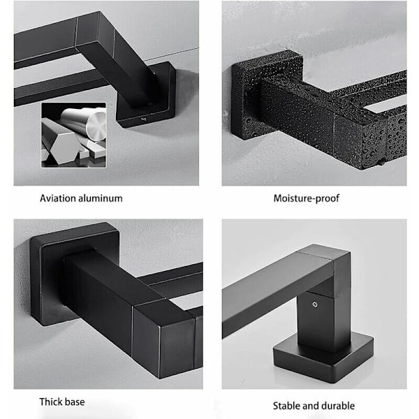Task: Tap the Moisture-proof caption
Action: tap(307, 198)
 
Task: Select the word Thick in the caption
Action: tap(50, 402)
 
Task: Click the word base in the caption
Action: tap(74, 402)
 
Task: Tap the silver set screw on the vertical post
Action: tap(315, 304)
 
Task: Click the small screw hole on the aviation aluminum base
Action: tap(145, 119)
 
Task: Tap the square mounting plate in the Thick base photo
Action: tap(74, 272)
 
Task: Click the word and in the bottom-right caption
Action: tap(310, 406)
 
